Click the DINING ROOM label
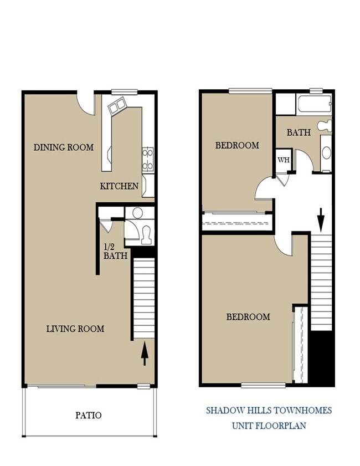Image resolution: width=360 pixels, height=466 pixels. tap(64, 147)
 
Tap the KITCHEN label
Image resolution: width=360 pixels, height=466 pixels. tap(119, 186)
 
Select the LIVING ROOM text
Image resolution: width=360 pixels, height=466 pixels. tap(75, 329)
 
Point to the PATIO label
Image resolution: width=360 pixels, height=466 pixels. tap(88, 414)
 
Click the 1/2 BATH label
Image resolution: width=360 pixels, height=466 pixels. tap(115, 252)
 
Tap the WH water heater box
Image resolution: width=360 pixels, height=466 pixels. tap(284, 160)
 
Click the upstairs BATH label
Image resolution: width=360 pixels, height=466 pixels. tap(299, 133)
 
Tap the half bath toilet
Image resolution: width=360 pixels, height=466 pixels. tap(146, 235)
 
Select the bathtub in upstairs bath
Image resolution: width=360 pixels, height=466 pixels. tap(313, 103)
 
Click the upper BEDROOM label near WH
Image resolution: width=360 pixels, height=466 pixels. tap(237, 146)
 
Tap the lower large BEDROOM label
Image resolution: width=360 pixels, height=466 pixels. tap(248, 317)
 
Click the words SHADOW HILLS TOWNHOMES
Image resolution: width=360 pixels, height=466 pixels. tap(269, 411)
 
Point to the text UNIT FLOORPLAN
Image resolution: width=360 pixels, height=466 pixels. tap(269, 426)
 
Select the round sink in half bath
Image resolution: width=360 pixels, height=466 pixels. tap(136, 213)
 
